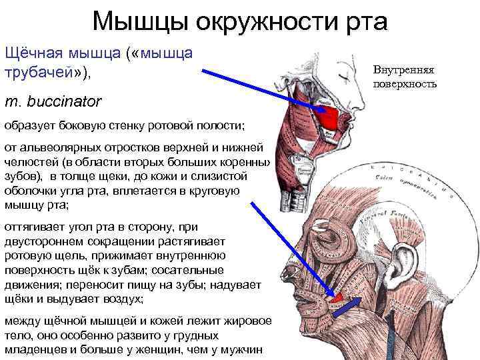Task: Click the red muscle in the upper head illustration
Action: [329, 118]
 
